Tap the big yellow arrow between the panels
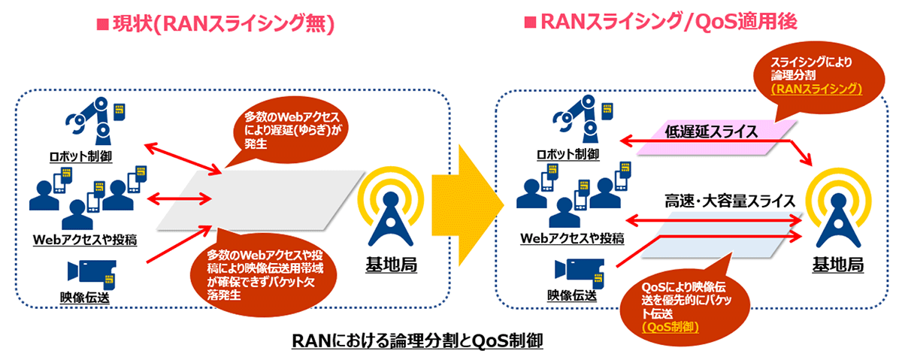(x=468, y=205)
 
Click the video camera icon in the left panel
(x=92, y=274)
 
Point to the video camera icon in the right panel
(x=579, y=273)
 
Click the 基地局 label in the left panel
(x=391, y=265)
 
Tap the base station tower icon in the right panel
(x=838, y=210)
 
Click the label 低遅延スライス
(x=711, y=132)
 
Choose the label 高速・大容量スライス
(x=730, y=201)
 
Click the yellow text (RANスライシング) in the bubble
(x=816, y=89)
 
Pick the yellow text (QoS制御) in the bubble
(x=670, y=327)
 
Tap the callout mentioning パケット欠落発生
(x=264, y=274)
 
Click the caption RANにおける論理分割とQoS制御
(x=417, y=340)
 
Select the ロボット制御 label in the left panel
(x=80, y=156)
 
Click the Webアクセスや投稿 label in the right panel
(x=572, y=238)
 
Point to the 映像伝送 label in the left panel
(x=84, y=297)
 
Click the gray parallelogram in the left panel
(x=261, y=200)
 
